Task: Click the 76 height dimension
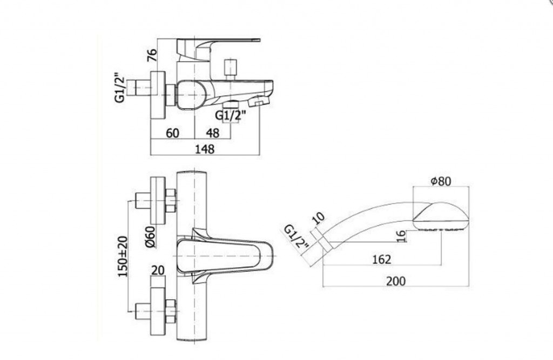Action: click(152, 55)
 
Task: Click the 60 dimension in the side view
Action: click(172, 133)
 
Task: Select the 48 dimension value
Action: click(213, 133)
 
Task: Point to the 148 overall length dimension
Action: click(205, 149)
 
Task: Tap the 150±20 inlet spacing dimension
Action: click(123, 256)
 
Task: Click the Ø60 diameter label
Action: click(150, 237)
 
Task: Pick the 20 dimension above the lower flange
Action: click(158, 270)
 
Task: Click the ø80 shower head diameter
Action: click(441, 181)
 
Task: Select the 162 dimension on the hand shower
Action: click(382, 260)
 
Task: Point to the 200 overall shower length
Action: click(396, 281)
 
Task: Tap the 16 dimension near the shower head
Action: click(402, 236)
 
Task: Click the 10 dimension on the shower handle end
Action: click(319, 218)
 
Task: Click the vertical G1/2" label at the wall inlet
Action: click(120, 88)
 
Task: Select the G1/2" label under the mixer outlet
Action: click(230, 116)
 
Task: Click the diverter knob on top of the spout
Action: click(230, 69)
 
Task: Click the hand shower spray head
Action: click(441, 216)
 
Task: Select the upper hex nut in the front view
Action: click(170, 201)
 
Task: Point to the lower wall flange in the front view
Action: click(158, 310)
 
